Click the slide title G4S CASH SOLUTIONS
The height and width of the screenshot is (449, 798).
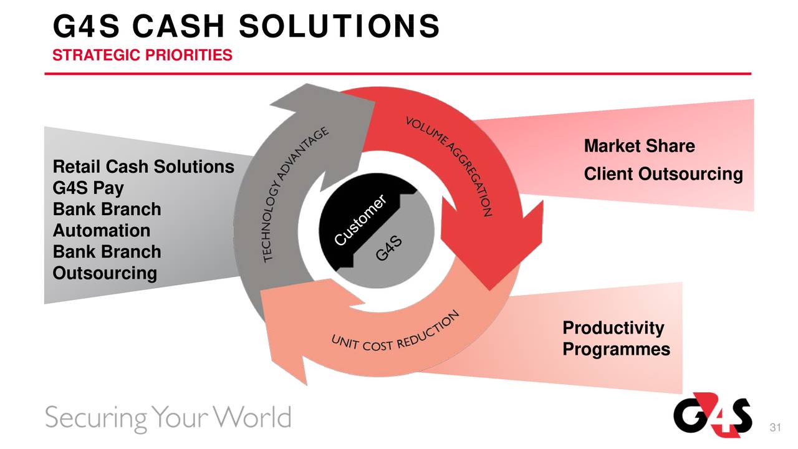[x=246, y=27]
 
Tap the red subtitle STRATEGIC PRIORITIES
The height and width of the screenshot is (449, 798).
[x=142, y=56]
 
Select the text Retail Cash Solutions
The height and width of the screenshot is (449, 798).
[x=143, y=167]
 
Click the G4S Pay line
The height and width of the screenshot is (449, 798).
[x=88, y=188]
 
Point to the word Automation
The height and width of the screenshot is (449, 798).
[x=102, y=231]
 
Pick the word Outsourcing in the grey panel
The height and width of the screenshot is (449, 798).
[x=105, y=273]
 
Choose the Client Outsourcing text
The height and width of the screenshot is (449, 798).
[x=663, y=175]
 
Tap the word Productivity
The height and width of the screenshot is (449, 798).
[x=613, y=328]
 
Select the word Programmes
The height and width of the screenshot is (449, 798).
[x=616, y=349]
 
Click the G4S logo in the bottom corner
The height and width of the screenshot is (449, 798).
[x=712, y=413]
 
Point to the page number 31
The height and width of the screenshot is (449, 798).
[x=776, y=428]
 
